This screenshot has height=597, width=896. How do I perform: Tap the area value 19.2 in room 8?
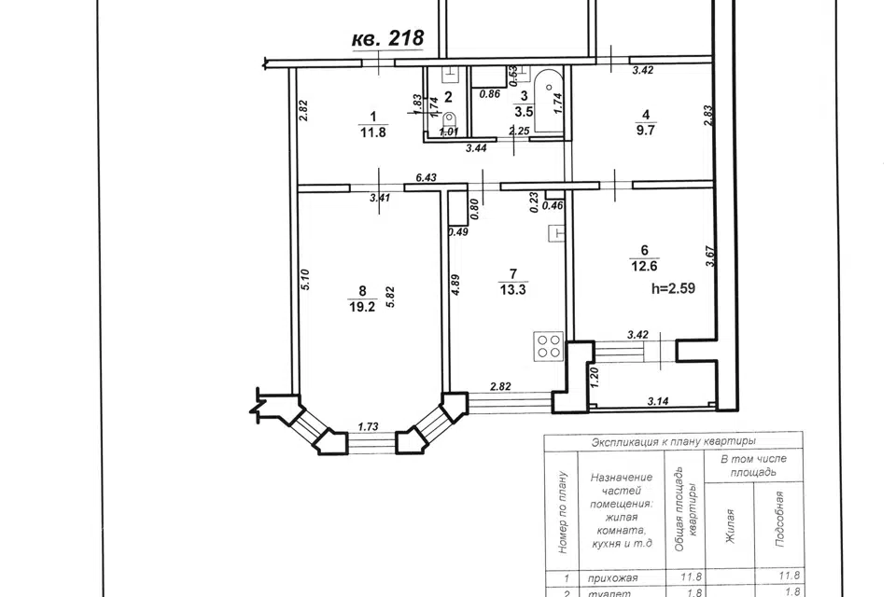click(362, 307)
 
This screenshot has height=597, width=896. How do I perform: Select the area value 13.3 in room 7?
click(512, 290)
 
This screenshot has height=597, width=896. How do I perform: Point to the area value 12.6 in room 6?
click(644, 266)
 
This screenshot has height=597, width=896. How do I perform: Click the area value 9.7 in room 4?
click(646, 130)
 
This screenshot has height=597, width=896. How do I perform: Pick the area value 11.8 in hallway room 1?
click(373, 132)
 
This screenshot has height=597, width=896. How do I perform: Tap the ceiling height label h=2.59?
click(673, 288)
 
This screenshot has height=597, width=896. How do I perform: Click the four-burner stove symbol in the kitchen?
click(549, 346)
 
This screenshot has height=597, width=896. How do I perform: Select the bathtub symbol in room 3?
click(549, 102)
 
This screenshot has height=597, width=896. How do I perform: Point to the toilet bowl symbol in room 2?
click(450, 121)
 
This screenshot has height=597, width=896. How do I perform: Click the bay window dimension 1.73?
click(369, 426)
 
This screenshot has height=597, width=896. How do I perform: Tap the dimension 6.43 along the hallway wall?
click(426, 177)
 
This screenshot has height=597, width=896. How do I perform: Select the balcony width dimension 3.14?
click(658, 402)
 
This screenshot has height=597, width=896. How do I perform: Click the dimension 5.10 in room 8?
click(305, 280)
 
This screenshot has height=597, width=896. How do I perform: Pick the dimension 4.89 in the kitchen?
click(455, 285)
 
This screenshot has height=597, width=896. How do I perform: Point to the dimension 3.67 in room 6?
click(710, 257)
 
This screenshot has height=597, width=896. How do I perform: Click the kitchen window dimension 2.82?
click(500, 386)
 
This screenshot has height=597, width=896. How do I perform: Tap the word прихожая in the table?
click(612, 578)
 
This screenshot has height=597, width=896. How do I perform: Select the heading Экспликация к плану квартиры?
click(674, 441)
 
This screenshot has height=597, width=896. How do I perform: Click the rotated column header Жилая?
click(729, 527)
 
